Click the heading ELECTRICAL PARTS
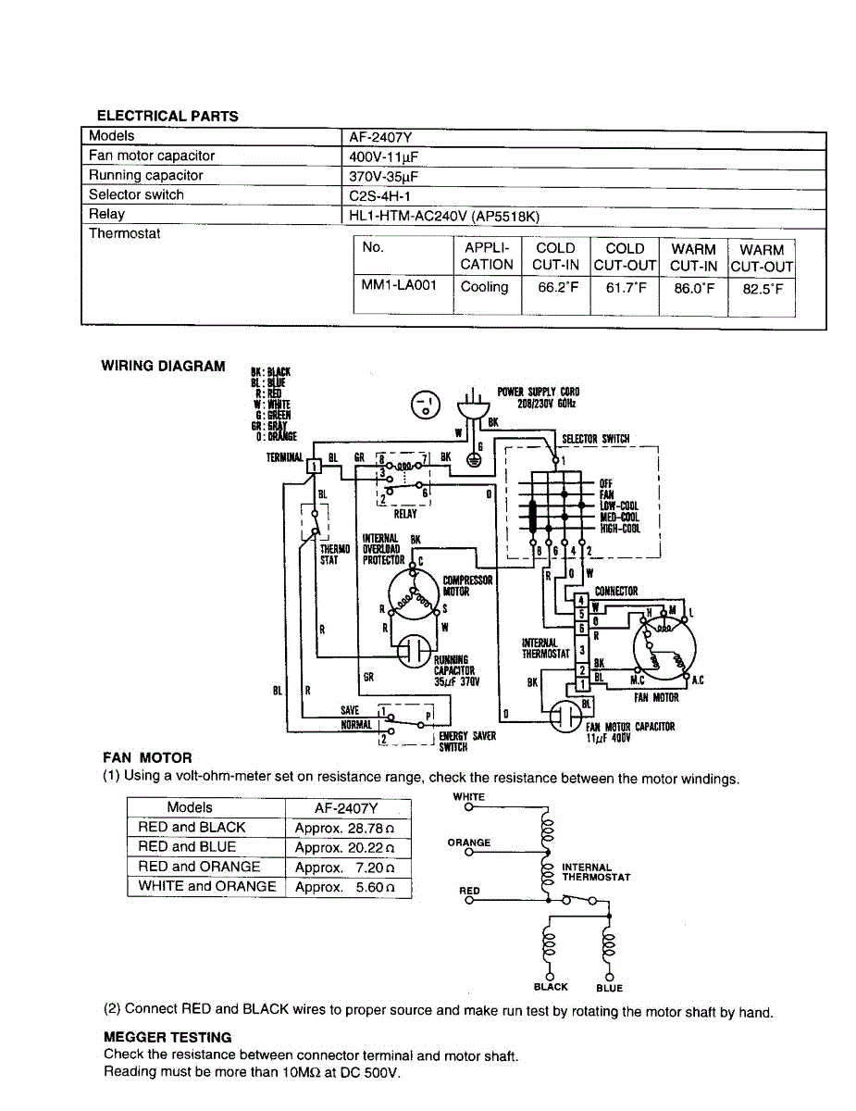(167, 116)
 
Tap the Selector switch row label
(136, 194)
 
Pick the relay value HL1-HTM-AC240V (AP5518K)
(443, 215)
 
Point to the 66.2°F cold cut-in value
(555, 287)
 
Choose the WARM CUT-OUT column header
(763, 256)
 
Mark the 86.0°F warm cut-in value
(693, 287)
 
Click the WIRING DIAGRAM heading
(163, 366)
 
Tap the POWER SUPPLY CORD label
(539, 397)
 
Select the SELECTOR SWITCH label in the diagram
(596, 439)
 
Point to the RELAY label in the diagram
(405, 514)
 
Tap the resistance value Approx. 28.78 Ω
(344, 828)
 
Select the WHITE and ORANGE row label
(207, 886)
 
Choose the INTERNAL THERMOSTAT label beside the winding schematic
(596, 872)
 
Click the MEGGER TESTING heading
(167, 1037)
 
